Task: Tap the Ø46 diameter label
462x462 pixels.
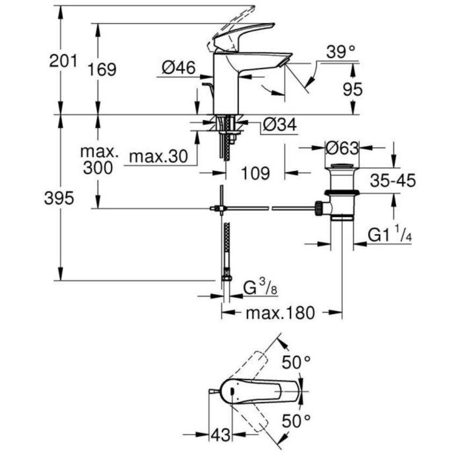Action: [x=178, y=67]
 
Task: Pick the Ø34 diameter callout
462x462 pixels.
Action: [x=279, y=125]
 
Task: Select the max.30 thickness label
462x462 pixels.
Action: [x=158, y=157]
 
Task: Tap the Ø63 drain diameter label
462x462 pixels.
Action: [x=342, y=147]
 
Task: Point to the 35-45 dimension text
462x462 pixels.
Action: [x=392, y=181]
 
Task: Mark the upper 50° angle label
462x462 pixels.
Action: [x=297, y=363]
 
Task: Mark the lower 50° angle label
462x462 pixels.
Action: [x=297, y=422]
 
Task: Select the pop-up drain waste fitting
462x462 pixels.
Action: [x=341, y=191]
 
